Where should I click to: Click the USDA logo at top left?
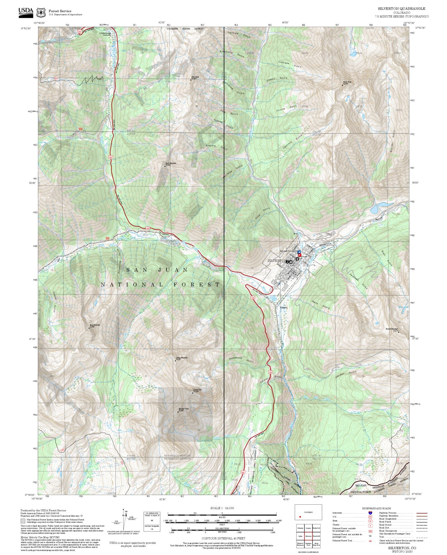26,12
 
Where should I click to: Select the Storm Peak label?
347,83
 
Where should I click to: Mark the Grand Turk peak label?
197,390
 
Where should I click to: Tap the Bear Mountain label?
95,326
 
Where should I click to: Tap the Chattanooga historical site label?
105,34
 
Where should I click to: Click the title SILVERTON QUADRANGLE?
401,9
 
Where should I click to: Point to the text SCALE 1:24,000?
222,508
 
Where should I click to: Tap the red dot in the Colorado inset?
300,517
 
